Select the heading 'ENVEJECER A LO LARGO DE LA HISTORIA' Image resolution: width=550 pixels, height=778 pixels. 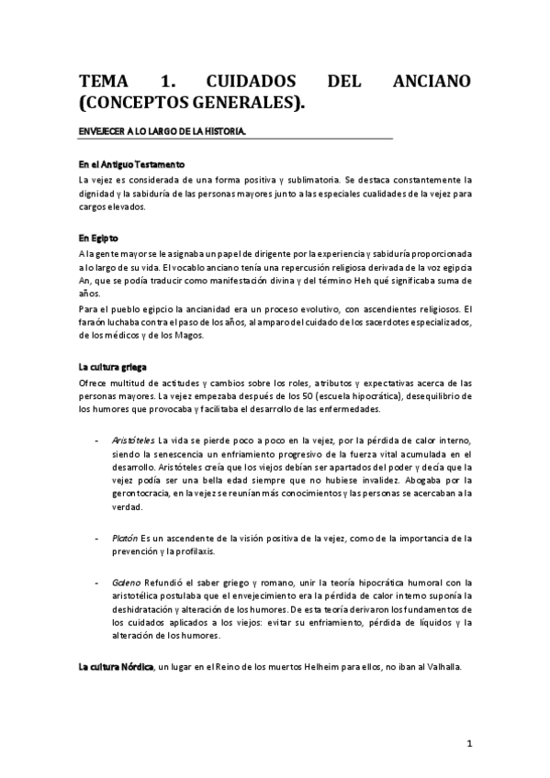pos(162,133)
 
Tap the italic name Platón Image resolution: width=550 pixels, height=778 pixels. pos(126,539)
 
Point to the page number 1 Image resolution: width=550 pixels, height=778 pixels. pos(469,743)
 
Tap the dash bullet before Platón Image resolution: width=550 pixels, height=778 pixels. pos(97,539)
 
